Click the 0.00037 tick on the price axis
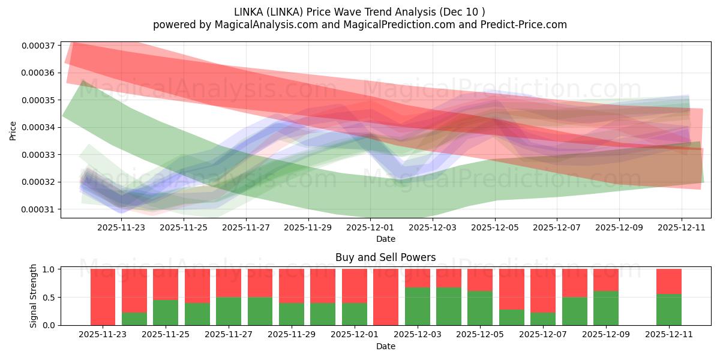pyautogui.click(x=38, y=46)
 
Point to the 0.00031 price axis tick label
pyautogui.click(x=38, y=209)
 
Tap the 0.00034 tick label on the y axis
pyautogui.click(x=38, y=127)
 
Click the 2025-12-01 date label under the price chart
pyautogui.click(x=370, y=228)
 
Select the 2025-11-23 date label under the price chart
pyautogui.click(x=122, y=228)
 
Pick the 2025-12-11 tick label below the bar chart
pyautogui.click(x=668, y=335)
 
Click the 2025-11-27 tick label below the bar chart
pyautogui.click(x=229, y=335)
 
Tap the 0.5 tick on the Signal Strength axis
pyautogui.click(x=50, y=298)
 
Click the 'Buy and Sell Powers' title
pyautogui.click(x=385, y=257)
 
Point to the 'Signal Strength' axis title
pyautogui.click(x=34, y=296)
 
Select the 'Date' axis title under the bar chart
pyautogui.click(x=385, y=346)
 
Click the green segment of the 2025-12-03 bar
pyautogui.click(x=417, y=307)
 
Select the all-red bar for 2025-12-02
pyautogui.click(x=386, y=297)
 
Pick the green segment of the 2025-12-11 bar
pyautogui.click(x=668, y=310)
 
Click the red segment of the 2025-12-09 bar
pyautogui.click(x=606, y=280)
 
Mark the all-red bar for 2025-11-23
pyautogui.click(x=103, y=297)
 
